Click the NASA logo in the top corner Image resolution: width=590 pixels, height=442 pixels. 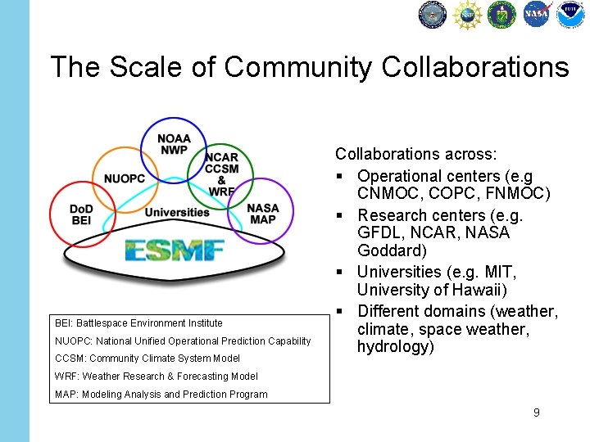537,14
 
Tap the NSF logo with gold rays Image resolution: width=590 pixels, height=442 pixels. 467,14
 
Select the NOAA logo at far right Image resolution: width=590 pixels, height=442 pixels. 570,14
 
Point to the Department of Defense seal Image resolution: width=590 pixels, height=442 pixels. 432,14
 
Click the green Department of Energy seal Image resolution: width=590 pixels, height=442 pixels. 501,14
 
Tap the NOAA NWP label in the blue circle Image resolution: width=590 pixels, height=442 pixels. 174,144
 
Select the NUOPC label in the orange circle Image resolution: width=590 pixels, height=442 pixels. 125,178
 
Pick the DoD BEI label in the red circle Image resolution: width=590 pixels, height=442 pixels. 81,214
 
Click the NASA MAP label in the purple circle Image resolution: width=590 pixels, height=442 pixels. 263,214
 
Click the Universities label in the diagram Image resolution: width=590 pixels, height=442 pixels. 177,213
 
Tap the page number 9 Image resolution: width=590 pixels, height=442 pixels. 536,413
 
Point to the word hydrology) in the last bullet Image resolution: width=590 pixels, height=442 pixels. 396,347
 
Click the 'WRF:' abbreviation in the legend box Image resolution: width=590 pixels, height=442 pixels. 66,377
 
